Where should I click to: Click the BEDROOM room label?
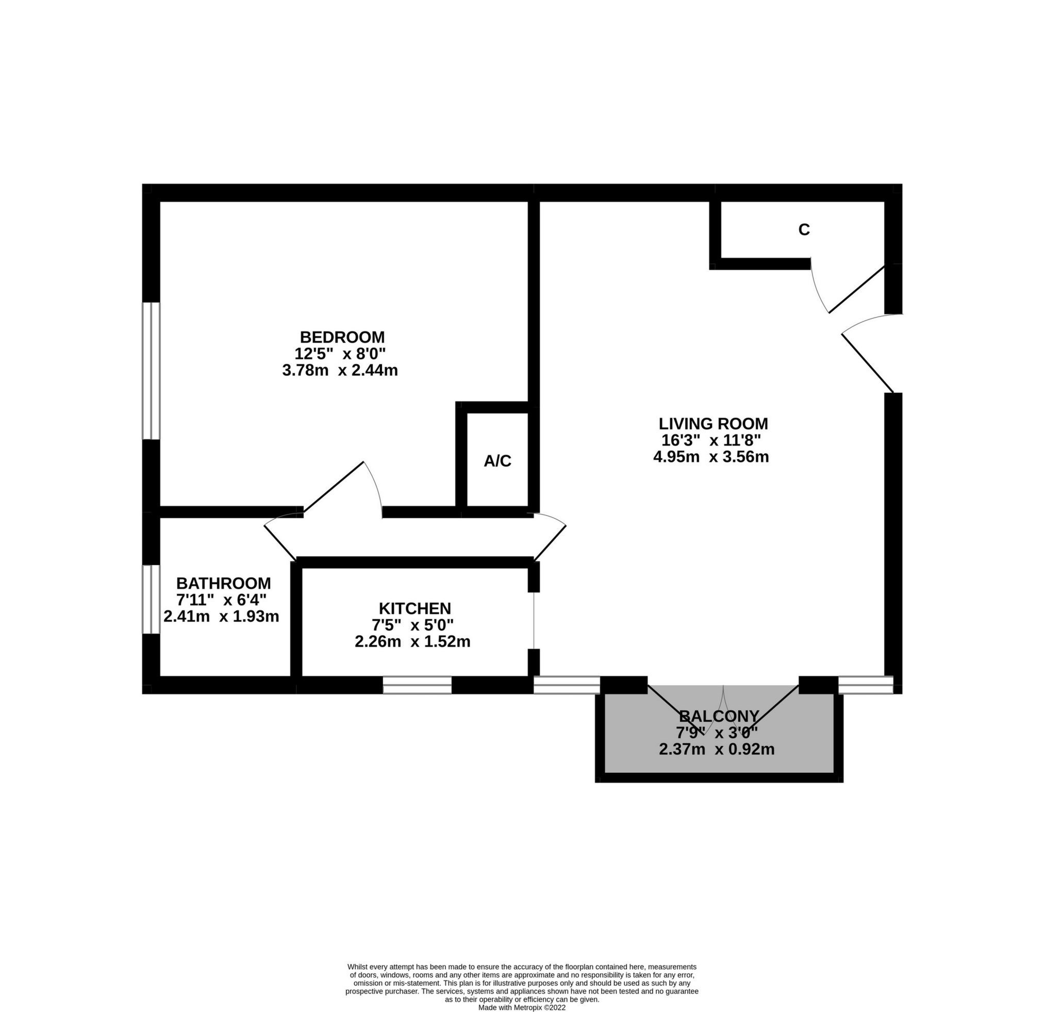342,337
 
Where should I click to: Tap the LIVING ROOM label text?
713,423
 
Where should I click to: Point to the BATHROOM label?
223,583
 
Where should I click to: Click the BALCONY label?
719,716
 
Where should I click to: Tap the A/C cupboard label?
498,461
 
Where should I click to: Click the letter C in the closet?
804,229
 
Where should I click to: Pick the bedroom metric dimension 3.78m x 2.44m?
340,370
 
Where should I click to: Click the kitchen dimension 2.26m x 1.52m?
412,641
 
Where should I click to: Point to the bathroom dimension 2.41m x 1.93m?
221,616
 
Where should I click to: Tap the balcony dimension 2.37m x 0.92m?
717,750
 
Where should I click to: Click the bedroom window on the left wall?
151,371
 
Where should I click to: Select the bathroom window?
151,599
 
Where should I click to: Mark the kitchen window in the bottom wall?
417,685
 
